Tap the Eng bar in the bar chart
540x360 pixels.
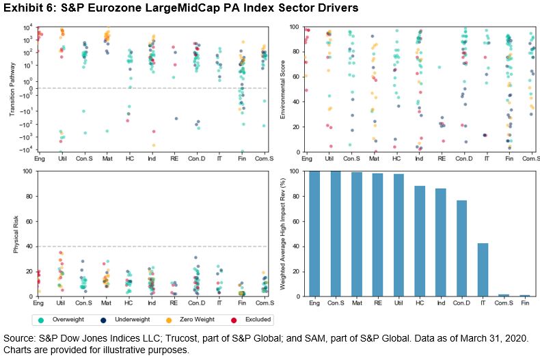(314, 234)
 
